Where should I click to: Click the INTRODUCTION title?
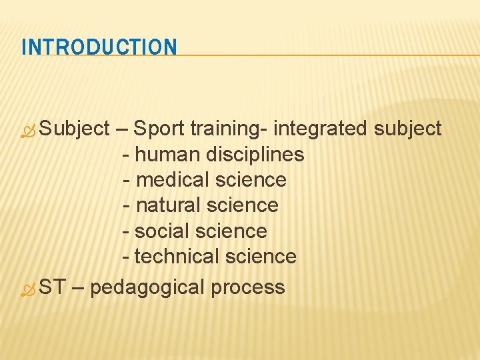pos(99,47)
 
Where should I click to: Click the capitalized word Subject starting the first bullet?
pos(74,129)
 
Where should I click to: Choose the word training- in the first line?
pos(229,129)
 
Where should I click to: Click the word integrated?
pos(321,129)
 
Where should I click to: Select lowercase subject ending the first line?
pos(407,129)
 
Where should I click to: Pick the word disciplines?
pos(255,155)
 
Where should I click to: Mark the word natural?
pos(168,205)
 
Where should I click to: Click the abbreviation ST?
pos(52,287)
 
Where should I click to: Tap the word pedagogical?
pos(147,288)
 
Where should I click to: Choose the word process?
pos(247,288)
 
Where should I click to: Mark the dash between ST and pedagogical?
pos(77,288)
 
